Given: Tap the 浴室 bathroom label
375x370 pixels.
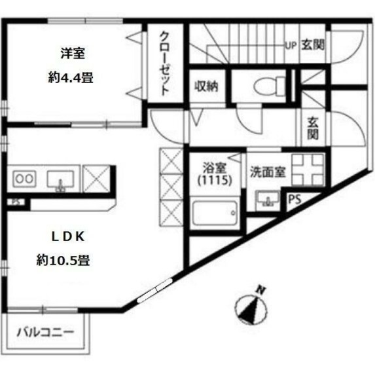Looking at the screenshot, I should [213, 167].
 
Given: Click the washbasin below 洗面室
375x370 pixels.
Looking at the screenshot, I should [266, 199].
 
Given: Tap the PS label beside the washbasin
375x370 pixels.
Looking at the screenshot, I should [296, 200].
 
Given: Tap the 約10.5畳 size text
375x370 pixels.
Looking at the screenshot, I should [63, 260].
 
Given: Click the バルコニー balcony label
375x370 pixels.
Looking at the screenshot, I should [45, 331].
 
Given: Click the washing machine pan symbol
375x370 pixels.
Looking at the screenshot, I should [306, 168].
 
